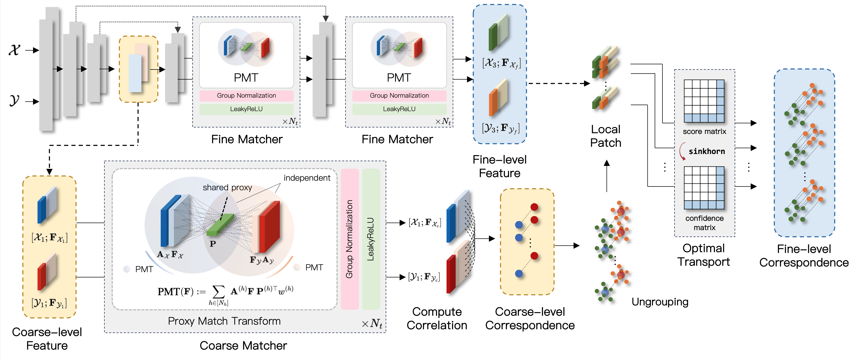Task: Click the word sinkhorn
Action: coord(707,151)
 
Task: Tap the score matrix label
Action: coord(704,131)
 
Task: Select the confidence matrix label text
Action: coord(704,223)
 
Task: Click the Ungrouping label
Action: coord(660,302)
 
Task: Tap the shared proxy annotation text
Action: coord(227,188)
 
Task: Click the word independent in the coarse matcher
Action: coord(307,178)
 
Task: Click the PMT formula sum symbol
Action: coord(218,292)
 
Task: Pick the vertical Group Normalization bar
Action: coord(350,239)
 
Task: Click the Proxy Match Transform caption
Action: coord(224,321)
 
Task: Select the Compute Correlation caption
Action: coord(437,318)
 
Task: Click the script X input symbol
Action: coord(14,50)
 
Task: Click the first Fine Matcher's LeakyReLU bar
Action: coord(247,109)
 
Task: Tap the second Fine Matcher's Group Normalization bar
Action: coord(399,96)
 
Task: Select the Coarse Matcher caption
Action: coord(243,346)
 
